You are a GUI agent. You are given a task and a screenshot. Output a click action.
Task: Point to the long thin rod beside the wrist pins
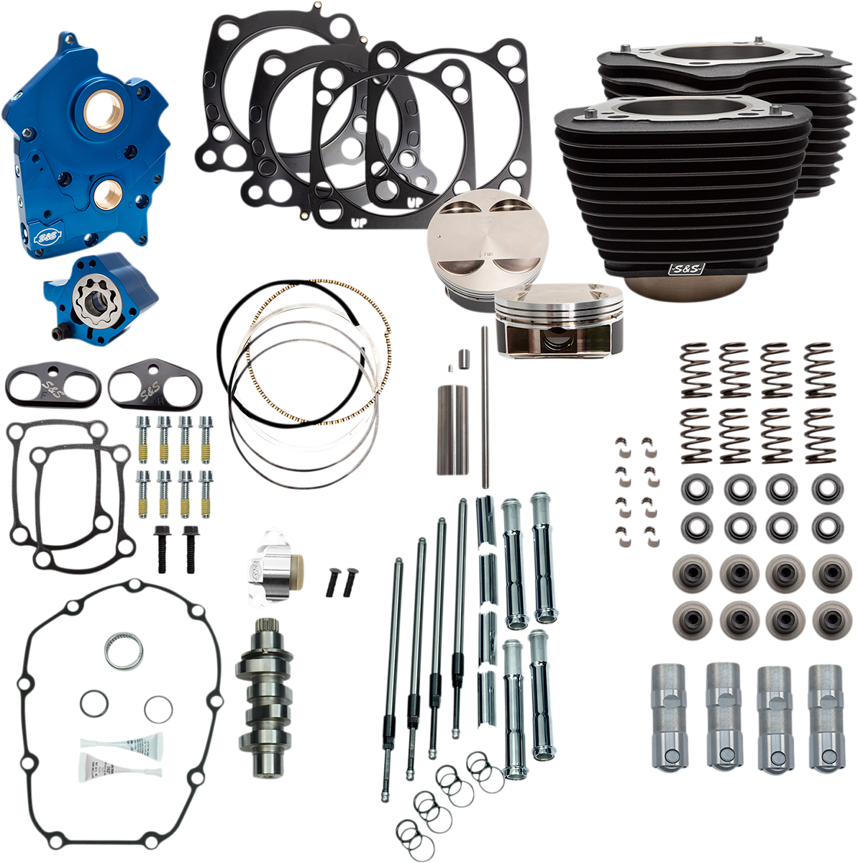[x=485, y=403]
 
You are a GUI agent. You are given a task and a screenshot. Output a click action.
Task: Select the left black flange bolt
[x=160, y=548]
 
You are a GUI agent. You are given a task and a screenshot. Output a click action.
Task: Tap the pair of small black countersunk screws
[x=341, y=580]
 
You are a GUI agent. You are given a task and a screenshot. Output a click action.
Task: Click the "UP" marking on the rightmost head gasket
[x=415, y=203]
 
